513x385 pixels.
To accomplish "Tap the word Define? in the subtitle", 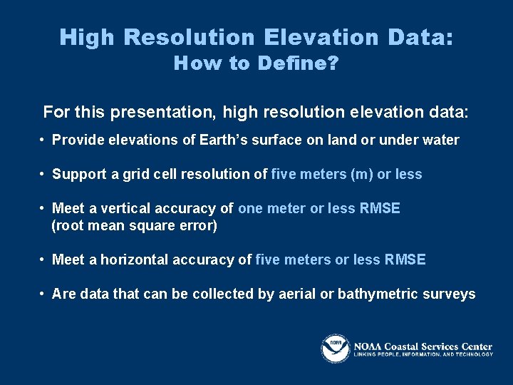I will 298,63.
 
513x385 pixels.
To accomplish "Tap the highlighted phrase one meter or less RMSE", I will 319,208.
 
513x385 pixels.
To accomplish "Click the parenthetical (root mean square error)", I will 135,226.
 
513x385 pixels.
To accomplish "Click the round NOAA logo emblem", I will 335,348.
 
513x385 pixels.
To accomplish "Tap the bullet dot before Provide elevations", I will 43,140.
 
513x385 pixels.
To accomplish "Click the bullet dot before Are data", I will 43,294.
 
